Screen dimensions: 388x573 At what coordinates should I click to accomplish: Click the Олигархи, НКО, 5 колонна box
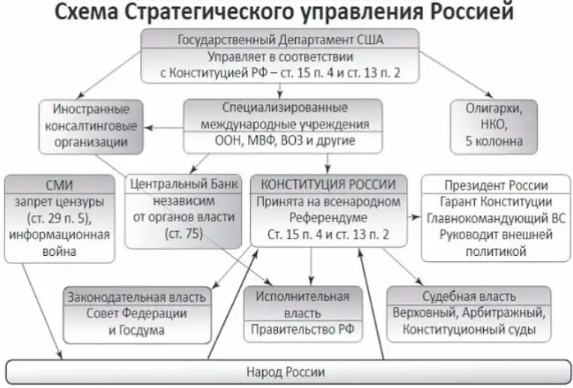tap(494, 124)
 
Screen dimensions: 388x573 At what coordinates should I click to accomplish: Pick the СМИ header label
tap(58, 184)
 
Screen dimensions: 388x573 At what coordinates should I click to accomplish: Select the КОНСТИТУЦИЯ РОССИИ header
tap(330, 184)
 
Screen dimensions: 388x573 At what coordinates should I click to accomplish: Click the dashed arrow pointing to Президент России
tap(413, 218)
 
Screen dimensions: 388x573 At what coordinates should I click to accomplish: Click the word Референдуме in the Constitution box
tap(330, 218)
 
